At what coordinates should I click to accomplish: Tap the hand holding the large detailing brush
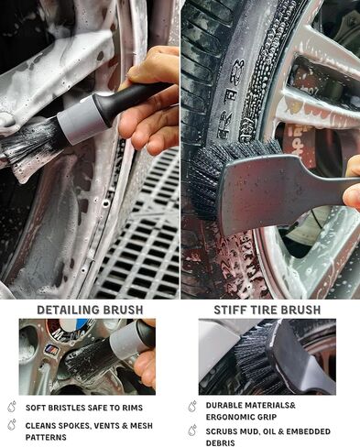[x=151, y=101]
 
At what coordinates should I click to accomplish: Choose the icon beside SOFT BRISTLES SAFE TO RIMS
[x=11, y=407]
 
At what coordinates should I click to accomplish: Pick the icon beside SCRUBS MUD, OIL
[x=192, y=427]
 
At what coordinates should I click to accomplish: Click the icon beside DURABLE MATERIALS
[x=192, y=405]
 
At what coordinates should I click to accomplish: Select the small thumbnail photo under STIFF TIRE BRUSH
[x=267, y=357]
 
